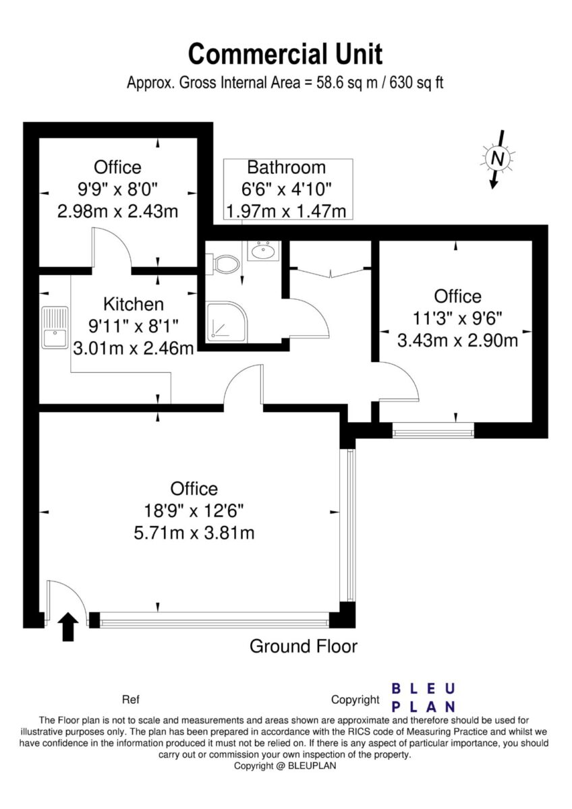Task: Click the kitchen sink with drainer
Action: tap(55, 328)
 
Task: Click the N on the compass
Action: tap(498, 158)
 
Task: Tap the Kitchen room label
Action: tap(134, 304)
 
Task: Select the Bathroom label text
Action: tap(286, 168)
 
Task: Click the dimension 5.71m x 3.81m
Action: tap(194, 533)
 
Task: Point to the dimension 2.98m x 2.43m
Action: tap(118, 211)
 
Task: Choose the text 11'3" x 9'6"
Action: tap(457, 318)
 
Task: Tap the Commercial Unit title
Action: tap(285, 54)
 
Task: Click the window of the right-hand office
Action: tap(433, 430)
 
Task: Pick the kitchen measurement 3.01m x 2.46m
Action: tap(134, 349)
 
